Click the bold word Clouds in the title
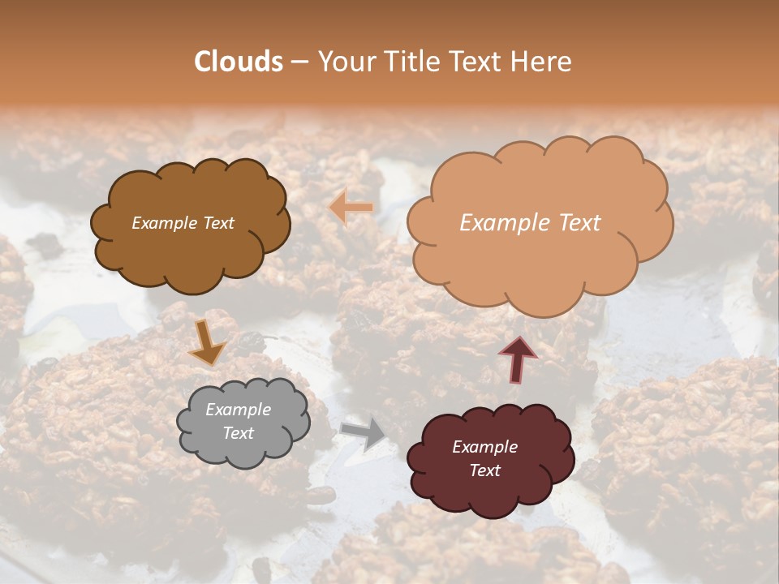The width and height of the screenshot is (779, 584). coord(239,62)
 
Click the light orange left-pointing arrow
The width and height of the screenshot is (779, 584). coord(351,207)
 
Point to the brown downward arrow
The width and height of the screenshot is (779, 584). coord(206,342)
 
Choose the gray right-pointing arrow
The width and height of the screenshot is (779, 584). coord(364,434)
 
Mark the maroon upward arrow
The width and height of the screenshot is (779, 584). coord(517,359)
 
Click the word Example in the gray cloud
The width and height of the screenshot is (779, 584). coord(238,410)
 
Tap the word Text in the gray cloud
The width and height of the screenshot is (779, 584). coord(238,433)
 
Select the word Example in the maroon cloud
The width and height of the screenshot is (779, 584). coord(484,447)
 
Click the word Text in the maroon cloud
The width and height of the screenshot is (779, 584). coord(484,470)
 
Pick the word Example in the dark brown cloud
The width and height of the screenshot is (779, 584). coord(164,223)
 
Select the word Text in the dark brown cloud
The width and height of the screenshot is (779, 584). coord(217,223)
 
